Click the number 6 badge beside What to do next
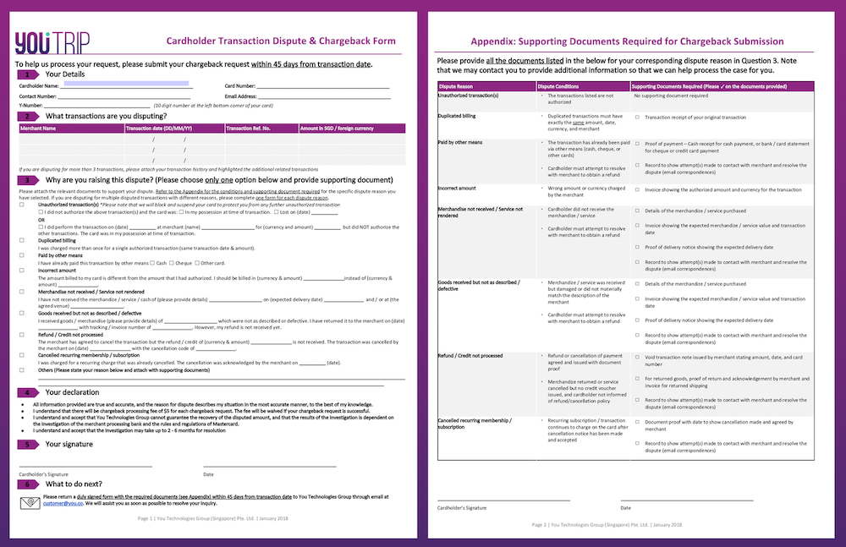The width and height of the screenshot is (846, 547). point(30,484)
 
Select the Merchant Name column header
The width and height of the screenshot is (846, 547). point(37,129)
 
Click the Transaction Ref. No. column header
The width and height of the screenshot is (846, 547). point(247,129)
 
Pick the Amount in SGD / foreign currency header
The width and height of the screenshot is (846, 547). point(337,129)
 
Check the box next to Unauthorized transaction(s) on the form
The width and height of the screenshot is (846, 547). point(22,205)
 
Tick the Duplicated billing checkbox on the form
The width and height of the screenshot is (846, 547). point(22,240)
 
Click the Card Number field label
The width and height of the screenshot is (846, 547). point(240,86)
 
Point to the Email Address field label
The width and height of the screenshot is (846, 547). point(243,96)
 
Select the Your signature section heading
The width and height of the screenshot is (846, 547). point(69,444)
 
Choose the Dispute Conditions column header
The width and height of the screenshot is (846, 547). point(558,86)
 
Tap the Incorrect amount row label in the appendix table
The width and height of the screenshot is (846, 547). point(457,188)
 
